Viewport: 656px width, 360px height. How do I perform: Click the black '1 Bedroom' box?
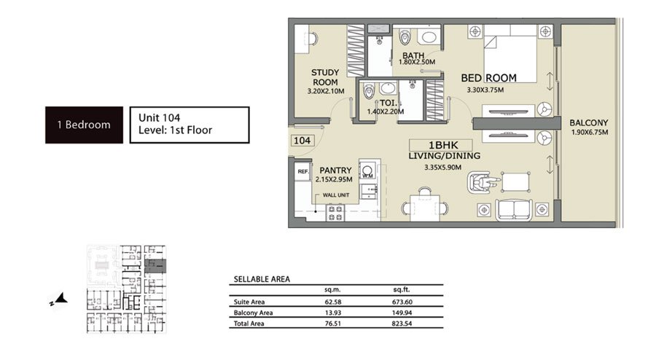click(84, 125)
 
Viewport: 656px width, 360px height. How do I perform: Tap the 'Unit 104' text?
click(160, 118)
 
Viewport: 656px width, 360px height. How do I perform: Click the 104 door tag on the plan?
click(302, 141)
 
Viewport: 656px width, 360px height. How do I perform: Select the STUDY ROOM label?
click(325, 77)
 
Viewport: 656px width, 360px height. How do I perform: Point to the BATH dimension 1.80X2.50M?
click(417, 62)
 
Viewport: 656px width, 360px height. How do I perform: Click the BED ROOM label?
click(488, 78)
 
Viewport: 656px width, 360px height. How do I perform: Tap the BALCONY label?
click(589, 123)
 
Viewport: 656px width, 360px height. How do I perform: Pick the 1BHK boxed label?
click(441, 145)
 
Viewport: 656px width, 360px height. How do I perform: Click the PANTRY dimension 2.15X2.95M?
click(334, 179)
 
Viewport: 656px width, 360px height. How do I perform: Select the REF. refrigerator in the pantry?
click(302, 172)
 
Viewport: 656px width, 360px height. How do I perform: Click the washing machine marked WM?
click(367, 171)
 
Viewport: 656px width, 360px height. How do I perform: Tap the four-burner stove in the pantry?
click(335, 213)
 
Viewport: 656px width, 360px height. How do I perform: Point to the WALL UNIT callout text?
click(336, 195)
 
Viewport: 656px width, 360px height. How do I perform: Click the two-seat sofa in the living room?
click(514, 209)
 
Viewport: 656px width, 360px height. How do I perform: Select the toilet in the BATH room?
click(405, 36)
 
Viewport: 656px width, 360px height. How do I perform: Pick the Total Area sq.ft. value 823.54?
click(402, 324)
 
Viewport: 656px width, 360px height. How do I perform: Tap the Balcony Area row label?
click(253, 313)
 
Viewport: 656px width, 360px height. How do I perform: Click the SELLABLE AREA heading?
click(262, 279)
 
